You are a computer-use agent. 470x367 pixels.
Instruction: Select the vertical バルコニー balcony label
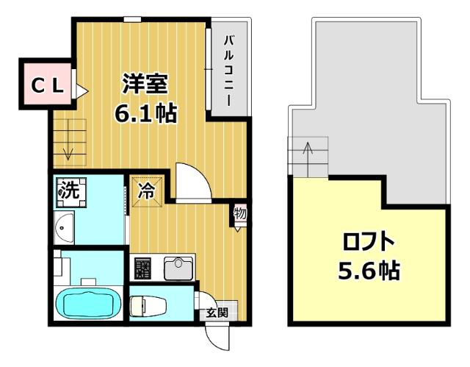coord(228,71)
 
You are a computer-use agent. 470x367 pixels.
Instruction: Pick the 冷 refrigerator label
coord(147,193)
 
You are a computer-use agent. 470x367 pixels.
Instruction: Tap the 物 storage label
coord(240,214)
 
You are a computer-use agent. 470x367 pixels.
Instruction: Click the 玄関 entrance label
coord(217,313)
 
